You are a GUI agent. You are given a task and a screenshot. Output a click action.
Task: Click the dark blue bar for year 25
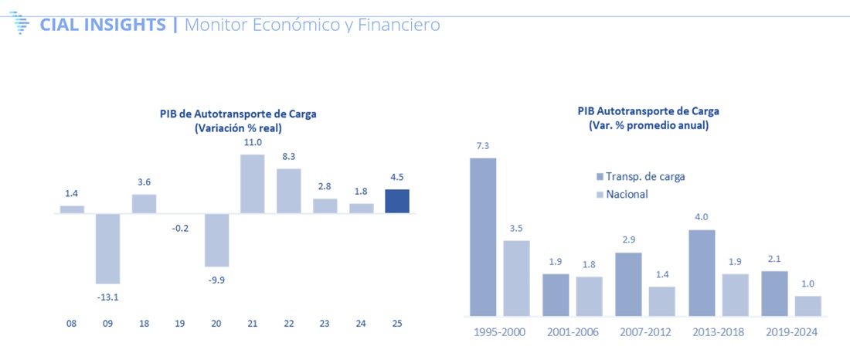click(397, 201)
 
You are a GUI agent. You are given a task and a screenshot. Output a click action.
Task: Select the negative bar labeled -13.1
click(108, 248)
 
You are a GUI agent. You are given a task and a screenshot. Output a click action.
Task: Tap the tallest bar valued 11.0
click(253, 184)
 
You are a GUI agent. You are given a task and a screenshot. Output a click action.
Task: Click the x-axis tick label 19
click(180, 323)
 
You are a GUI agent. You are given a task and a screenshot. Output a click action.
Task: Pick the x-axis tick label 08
click(72, 323)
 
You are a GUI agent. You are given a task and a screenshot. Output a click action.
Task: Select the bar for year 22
click(289, 191)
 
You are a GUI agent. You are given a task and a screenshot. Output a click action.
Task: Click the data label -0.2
click(181, 206)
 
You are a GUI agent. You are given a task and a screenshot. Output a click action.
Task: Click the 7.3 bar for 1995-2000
click(483, 236)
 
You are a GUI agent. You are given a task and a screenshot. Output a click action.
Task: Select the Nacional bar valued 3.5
click(516, 277)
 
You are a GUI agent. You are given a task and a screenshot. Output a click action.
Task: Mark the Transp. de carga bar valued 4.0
click(701, 273)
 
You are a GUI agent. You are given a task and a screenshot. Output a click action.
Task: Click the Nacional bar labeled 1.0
click(807, 306)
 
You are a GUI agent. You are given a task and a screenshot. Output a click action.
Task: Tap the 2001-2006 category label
click(572, 331)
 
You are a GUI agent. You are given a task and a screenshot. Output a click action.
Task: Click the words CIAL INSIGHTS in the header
click(103, 25)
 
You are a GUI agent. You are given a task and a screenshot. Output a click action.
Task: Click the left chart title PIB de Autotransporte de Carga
click(233, 114)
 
